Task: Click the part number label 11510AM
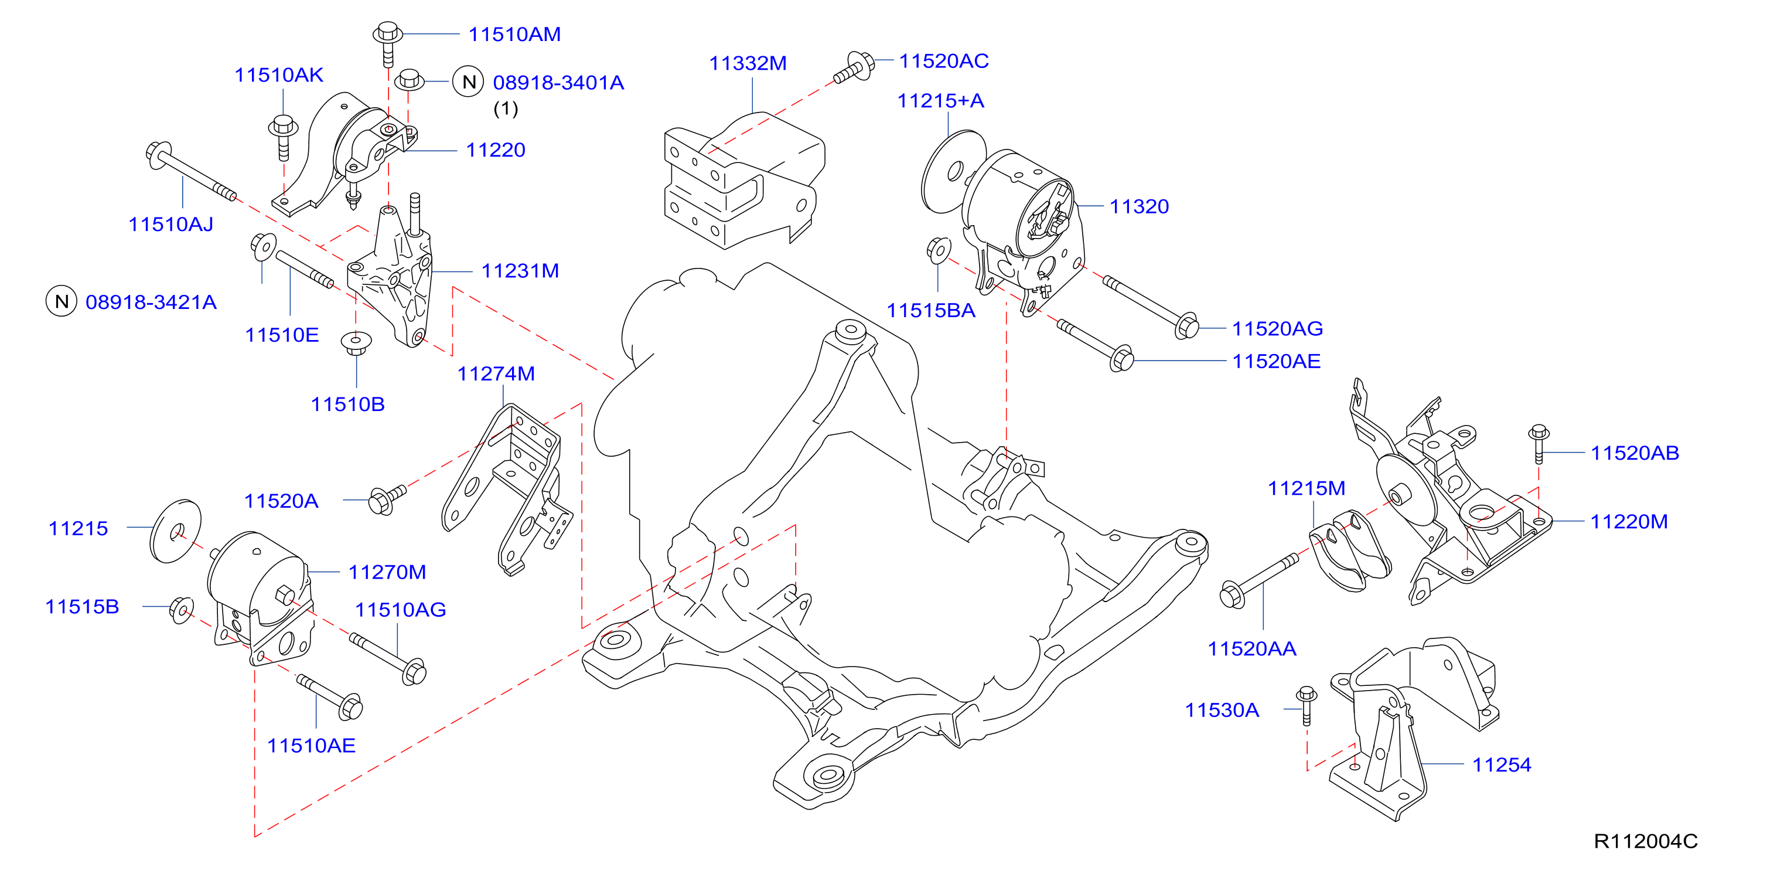point(514,35)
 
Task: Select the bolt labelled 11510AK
point(282,137)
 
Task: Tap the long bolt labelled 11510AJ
point(190,172)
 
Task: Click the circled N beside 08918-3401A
point(469,82)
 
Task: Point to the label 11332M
point(748,63)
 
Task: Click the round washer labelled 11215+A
point(953,172)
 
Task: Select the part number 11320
point(1140,206)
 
